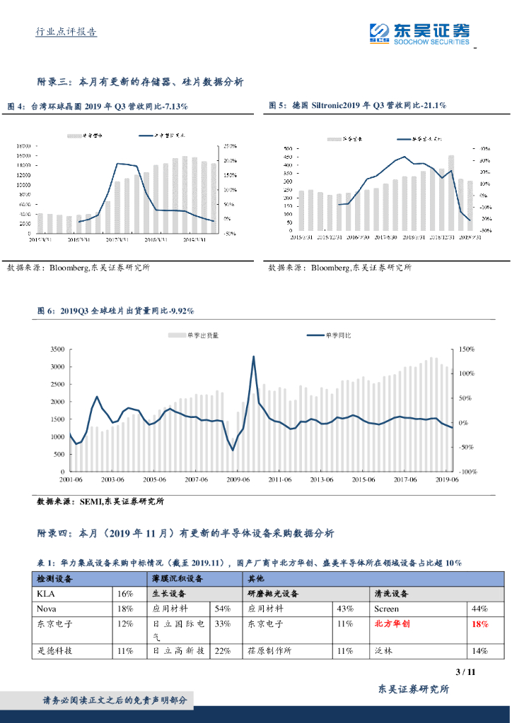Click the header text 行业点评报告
(66, 32)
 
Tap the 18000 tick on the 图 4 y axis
(23, 146)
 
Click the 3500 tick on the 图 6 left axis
(57, 349)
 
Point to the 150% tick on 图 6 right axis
(465, 349)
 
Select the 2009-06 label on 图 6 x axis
(238, 479)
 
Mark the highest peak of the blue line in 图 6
(253, 357)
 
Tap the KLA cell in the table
(45, 594)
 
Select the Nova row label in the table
(47, 609)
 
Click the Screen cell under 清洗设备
(386, 609)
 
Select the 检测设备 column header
(55, 578)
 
